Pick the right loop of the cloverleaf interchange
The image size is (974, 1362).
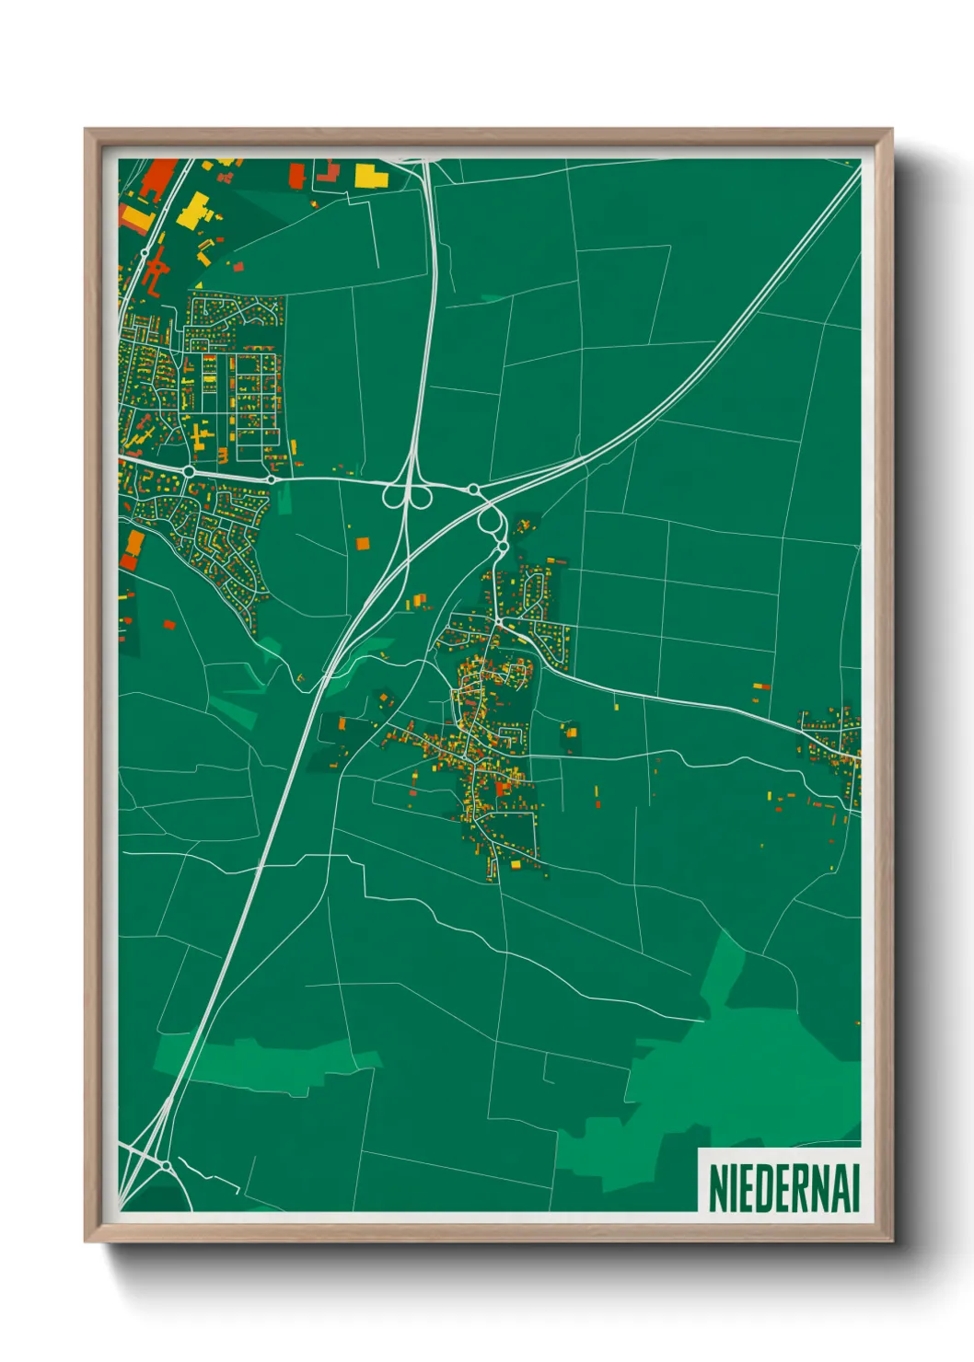[422, 497]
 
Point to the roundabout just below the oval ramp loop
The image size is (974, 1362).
[503, 547]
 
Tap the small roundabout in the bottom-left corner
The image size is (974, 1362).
[166, 1166]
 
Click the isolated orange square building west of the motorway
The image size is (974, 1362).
[363, 543]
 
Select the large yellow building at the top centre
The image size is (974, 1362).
[368, 175]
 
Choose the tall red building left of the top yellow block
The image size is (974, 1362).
[296, 175]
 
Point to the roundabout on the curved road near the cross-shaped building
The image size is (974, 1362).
[145, 252]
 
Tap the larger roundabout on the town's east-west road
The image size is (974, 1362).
[189, 471]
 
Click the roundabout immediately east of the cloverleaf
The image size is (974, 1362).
[472, 489]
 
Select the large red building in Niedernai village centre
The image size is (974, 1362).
[502, 788]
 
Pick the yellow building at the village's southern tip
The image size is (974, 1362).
[515, 864]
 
